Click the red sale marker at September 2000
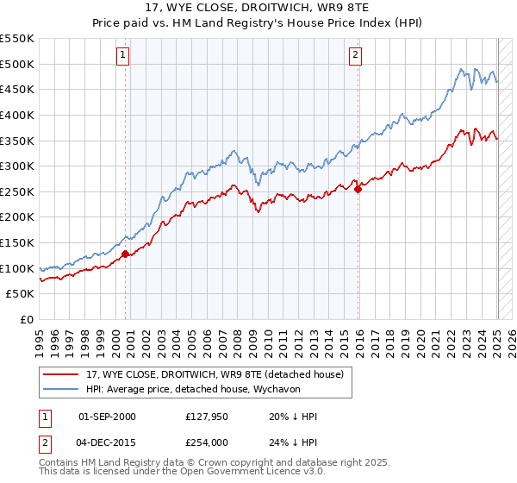[125, 254]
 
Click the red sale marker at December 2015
[358, 190]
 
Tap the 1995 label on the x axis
[40, 338]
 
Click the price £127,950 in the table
[204, 417]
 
